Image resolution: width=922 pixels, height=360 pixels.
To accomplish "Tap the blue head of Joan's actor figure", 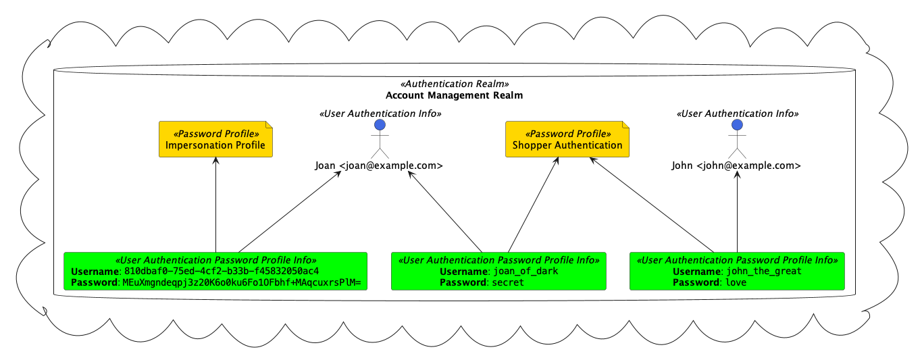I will pos(380,124).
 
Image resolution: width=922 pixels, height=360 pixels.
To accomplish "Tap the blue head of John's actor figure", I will pos(737,124).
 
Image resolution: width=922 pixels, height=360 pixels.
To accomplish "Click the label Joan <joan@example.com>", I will pos(379,165).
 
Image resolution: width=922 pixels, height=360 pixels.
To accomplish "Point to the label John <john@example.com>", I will pos(736,165).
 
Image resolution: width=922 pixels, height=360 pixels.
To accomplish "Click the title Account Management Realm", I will pos(454,95).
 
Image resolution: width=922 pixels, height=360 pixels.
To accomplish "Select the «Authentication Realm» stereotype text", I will pos(455,84).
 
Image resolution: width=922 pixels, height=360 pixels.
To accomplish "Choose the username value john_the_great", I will pos(764,272).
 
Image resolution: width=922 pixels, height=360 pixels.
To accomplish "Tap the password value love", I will pos(737,282).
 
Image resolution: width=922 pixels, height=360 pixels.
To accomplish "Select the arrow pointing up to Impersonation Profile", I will pos(215,203).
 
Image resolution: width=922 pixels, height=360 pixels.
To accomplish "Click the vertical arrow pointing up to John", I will pos(737,209).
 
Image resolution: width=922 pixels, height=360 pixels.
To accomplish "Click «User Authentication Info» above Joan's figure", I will pos(380,113).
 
